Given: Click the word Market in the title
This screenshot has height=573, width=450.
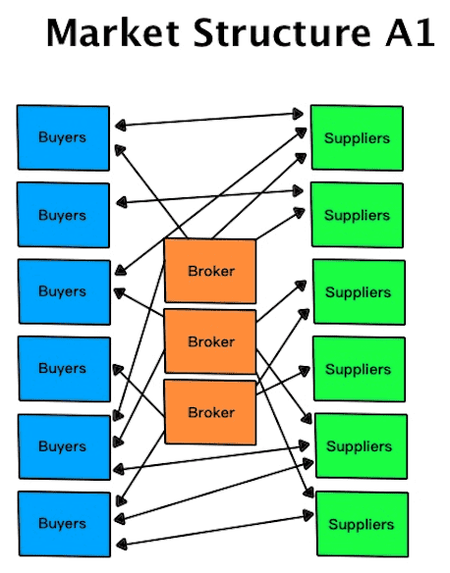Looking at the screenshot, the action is point(113,32).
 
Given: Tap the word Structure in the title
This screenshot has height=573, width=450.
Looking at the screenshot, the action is point(282,32).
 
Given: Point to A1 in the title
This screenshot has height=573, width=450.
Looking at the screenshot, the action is point(410,32).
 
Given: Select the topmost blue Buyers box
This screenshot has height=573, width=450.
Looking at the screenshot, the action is point(63,137).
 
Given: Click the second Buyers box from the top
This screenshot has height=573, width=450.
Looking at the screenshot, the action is point(63,215).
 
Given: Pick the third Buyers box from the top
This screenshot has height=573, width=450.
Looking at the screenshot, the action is point(64,292).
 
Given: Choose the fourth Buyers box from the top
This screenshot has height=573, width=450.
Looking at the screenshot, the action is point(65,369).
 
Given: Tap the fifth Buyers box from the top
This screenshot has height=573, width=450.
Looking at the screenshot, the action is point(65,447).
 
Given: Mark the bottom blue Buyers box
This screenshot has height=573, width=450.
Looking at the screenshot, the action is point(65,524).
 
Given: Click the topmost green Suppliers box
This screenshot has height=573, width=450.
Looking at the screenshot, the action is point(357,137).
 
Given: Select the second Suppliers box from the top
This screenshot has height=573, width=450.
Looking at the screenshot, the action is point(358,215).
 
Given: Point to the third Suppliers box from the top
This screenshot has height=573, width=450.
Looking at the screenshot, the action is point(359,292).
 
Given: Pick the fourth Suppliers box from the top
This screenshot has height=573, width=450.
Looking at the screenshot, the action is point(360,369).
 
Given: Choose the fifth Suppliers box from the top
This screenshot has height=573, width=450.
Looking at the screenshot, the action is point(362,446).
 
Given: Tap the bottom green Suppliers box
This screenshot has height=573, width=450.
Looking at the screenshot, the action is point(363,524).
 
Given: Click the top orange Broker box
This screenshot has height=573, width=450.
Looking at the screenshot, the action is point(210,271).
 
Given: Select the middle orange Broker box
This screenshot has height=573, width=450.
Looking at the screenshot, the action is point(210,341).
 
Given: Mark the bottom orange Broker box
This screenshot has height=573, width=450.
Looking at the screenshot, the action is point(210,412).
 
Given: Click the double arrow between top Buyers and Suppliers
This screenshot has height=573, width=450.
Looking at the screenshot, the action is point(209,120).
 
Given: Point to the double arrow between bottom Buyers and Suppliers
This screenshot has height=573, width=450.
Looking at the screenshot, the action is point(215,531).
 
